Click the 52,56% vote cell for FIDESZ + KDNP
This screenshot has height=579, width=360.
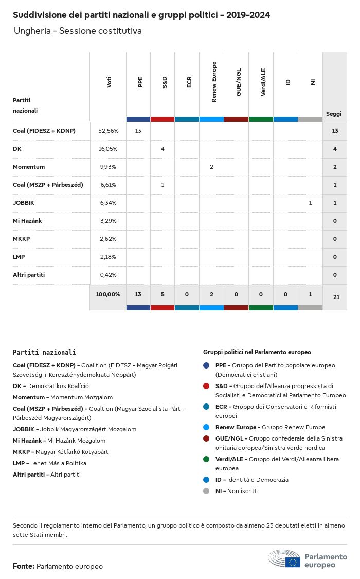pos(108,131)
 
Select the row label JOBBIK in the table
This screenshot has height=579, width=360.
pos(24,203)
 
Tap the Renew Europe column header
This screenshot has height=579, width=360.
pos(214,82)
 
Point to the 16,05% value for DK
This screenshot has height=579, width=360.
pos(108,149)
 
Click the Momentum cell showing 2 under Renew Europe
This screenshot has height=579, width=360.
pos(211,167)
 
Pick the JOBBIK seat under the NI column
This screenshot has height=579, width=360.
pos(310,203)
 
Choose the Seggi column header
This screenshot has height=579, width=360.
pos(334,114)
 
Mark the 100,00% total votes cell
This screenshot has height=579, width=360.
pos(108,294)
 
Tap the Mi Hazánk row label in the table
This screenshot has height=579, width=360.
pos(27,221)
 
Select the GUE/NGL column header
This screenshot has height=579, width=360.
pos(239,82)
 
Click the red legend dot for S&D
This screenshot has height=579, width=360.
pos(206,386)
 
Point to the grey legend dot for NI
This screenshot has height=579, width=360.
pos(206,491)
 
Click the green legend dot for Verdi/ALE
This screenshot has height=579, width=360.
pos(206,459)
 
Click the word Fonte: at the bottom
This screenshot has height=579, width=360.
pos(24,566)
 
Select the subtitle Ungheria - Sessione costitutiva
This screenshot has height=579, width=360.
pos(78,31)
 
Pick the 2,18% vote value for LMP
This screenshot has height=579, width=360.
pos(108,257)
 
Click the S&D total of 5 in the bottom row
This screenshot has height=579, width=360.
pos(163,294)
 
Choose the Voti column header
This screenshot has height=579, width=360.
pos(109,82)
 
